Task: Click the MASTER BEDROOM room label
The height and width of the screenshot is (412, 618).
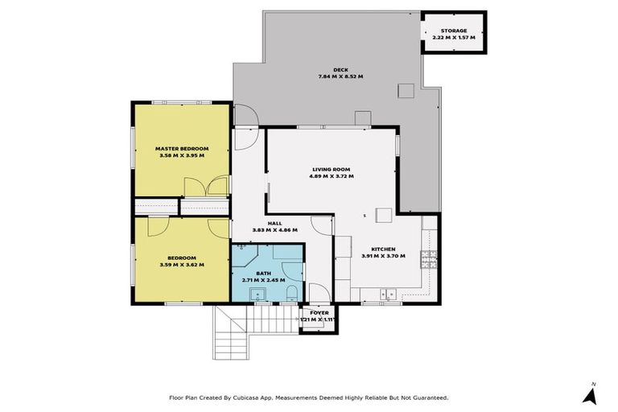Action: (182, 149)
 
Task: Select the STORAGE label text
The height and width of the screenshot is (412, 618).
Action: (454, 31)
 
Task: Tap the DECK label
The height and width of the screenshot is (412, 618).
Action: (340, 70)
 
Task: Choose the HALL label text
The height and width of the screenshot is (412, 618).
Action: (274, 224)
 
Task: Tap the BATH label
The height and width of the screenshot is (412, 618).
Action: (264, 273)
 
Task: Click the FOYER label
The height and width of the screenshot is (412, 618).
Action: (319, 312)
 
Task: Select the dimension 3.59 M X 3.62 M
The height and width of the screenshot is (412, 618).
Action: (182, 264)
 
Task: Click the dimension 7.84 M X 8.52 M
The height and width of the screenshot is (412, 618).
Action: (340, 77)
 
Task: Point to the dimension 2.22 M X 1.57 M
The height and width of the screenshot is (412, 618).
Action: (454, 38)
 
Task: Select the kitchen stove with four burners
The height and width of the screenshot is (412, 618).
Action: (430, 259)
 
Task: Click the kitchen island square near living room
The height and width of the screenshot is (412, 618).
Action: (383, 215)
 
